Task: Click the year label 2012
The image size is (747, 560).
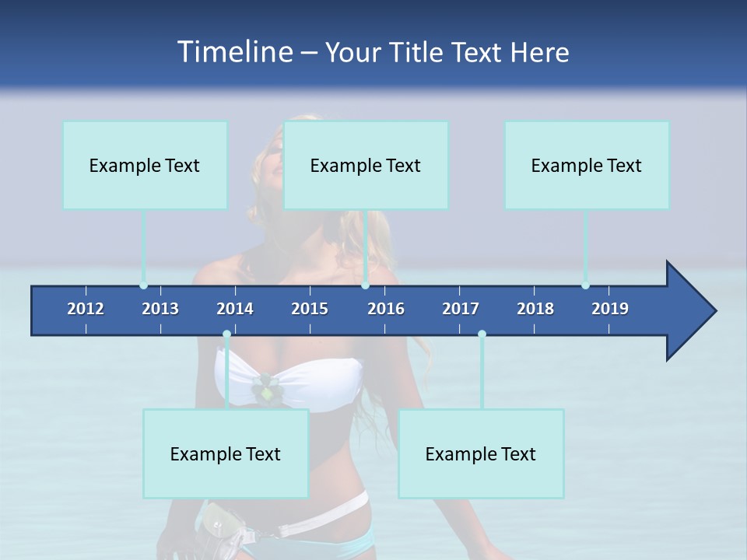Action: click(86, 309)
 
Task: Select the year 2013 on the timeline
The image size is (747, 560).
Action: click(160, 309)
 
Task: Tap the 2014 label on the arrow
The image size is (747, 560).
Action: click(235, 309)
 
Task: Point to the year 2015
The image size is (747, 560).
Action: click(310, 309)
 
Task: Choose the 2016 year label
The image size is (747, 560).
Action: click(386, 309)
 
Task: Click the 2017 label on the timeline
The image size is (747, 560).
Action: click(461, 309)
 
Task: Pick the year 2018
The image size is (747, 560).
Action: click(535, 309)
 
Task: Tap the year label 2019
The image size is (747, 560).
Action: click(610, 309)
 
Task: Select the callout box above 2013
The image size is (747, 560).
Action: click(145, 165)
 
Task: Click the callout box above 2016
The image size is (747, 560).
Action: click(366, 165)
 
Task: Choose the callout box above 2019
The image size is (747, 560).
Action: click(587, 165)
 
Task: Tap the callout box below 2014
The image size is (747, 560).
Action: click(226, 453)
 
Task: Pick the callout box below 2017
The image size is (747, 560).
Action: click(481, 453)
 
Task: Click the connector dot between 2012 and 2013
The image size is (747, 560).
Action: click(143, 285)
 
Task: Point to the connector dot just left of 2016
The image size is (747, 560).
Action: click(366, 285)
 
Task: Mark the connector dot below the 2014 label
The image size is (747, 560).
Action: click(226, 334)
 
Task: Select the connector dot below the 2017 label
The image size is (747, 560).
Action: click(482, 334)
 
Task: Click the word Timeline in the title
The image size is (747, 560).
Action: click(233, 52)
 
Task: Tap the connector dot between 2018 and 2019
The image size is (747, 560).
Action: click(585, 285)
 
